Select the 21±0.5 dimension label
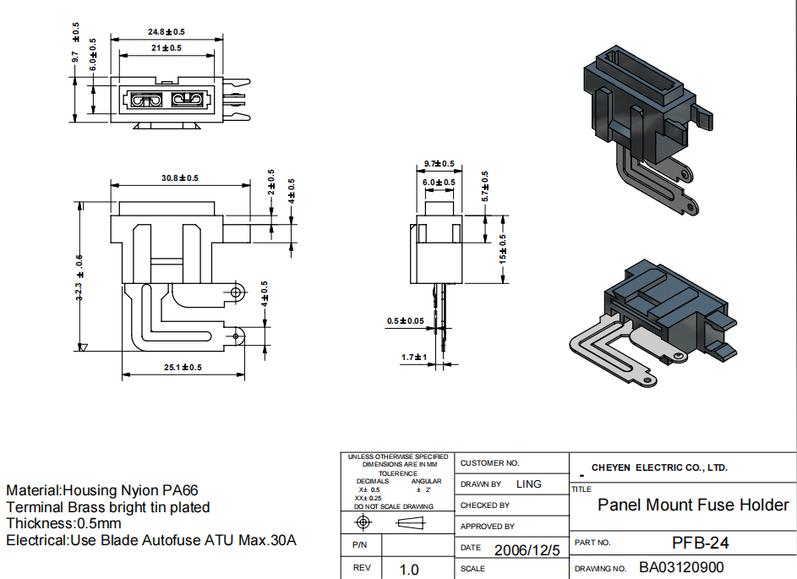coord(166,48)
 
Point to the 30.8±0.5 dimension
coord(180,178)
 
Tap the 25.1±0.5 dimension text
coord(183,367)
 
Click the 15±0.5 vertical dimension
coord(503,249)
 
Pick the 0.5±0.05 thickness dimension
coord(406,320)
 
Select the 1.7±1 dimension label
coord(413,358)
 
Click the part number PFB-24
coord(700,543)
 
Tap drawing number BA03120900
coord(681,567)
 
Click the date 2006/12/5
coord(527,550)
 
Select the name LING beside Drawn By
coord(529,484)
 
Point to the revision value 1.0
coord(409,570)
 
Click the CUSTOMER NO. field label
coord(489,463)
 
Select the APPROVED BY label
coord(488,527)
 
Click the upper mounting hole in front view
coord(236,292)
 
